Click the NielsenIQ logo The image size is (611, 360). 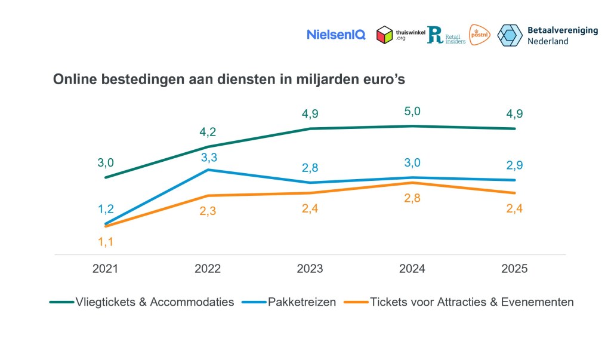(x=336, y=35)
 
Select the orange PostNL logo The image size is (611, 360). (x=480, y=35)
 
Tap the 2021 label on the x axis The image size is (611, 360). (x=105, y=269)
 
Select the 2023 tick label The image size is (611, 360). (x=310, y=269)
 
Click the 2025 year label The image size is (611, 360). (x=514, y=269)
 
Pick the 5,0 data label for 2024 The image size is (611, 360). (x=412, y=111)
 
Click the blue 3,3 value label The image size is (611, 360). (x=208, y=157)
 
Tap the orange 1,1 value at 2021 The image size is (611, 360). (x=105, y=242)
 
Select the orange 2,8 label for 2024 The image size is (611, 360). (x=412, y=199)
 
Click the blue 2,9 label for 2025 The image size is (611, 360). (x=514, y=165)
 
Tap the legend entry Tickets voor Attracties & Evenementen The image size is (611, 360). (x=471, y=302)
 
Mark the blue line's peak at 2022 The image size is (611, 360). (x=208, y=170)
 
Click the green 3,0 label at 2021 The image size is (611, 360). (x=105, y=162)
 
